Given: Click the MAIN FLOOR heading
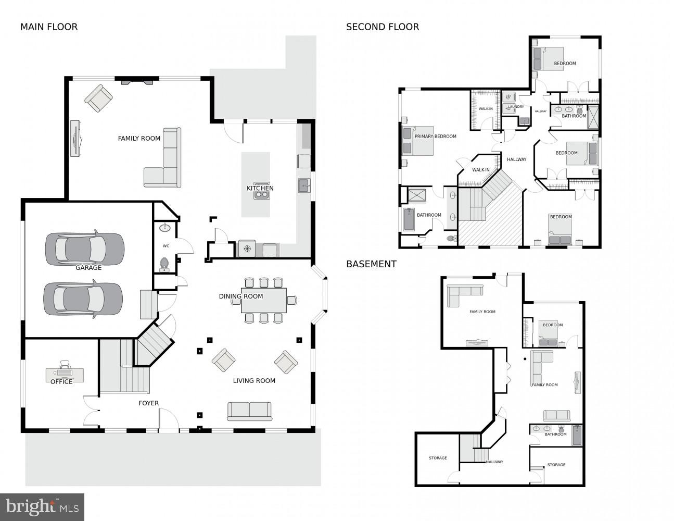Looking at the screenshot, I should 49,27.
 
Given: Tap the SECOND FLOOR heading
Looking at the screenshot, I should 383,27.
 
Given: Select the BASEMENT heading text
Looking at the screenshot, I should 371,264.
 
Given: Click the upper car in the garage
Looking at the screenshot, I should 84,247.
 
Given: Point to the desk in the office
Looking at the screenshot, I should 65,374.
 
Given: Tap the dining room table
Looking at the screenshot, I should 263,301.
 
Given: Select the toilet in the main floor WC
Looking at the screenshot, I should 164,264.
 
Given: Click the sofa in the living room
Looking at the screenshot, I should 249,411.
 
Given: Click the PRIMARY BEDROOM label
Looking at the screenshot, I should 435,137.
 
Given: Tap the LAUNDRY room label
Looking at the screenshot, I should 515,107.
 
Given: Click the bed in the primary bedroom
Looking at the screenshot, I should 417,141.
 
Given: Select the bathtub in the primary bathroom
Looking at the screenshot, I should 409,220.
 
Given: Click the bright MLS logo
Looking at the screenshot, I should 42,507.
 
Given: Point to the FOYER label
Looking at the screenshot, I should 148,403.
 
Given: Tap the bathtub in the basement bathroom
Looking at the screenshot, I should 577,436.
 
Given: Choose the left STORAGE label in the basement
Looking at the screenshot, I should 438,458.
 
